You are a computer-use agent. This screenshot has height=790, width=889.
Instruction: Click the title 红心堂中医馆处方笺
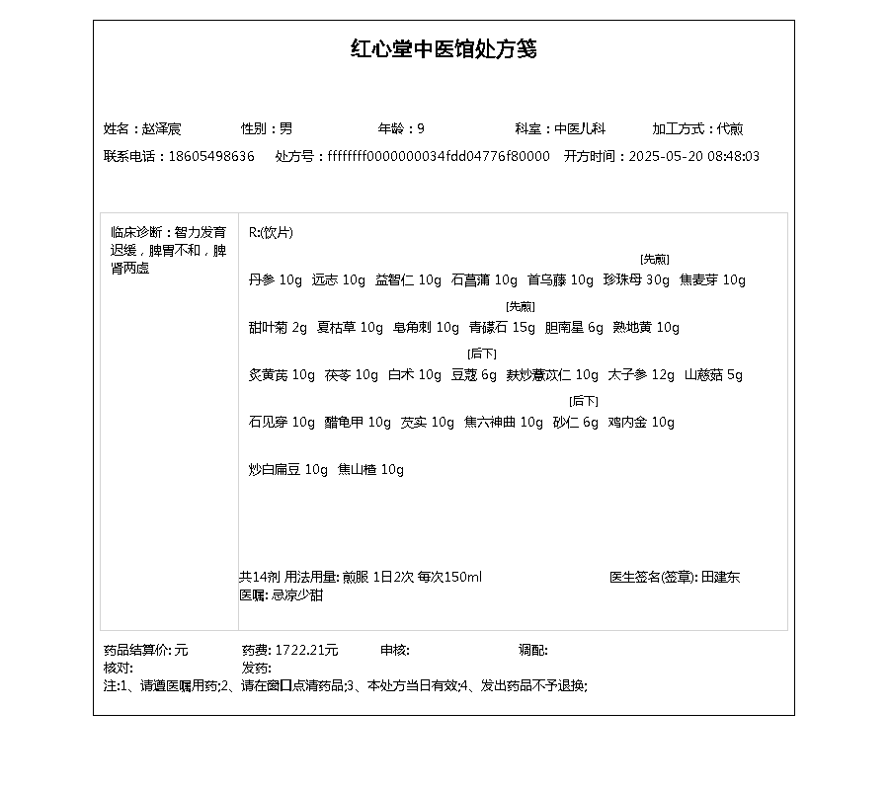(444, 49)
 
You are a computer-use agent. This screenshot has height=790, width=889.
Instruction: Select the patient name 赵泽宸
(161, 129)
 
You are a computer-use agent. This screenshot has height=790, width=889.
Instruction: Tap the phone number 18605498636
(211, 157)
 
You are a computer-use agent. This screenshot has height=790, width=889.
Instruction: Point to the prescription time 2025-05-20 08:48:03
(694, 157)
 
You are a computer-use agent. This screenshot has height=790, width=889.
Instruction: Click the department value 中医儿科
(580, 129)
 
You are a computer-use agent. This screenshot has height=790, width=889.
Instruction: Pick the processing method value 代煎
(730, 129)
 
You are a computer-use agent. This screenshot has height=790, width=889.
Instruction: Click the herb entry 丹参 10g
(276, 280)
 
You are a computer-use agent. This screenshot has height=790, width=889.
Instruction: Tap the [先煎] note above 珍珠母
(654, 260)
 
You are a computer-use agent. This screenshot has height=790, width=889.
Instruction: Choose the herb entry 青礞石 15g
(502, 328)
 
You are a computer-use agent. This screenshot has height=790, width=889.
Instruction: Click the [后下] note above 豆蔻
(482, 354)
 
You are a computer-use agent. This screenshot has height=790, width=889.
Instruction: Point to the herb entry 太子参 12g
(641, 375)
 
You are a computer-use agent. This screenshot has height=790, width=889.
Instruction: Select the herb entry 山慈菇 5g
(713, 375)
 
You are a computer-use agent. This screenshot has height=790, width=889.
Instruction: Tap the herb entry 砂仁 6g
(575, 423)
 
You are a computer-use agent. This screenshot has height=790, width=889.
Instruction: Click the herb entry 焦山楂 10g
(370, 470)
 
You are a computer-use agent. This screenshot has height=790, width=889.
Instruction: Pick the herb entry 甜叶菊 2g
(278, 328)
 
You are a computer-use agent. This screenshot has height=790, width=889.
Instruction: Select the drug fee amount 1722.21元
(306, 651)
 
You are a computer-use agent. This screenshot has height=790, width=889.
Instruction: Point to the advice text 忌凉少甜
(297, 595)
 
